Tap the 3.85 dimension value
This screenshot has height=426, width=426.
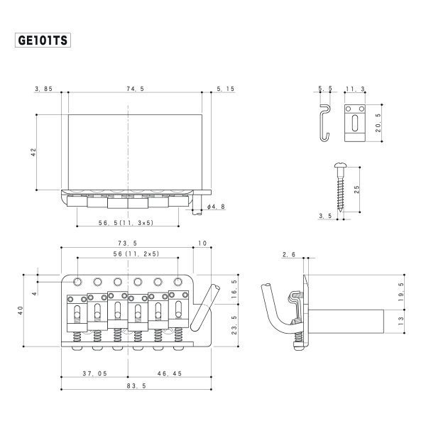44,89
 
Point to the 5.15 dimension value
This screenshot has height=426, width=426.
224,89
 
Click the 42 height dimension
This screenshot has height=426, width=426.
33,152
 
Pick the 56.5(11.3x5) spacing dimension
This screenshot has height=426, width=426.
126,222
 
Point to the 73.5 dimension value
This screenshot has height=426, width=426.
128,244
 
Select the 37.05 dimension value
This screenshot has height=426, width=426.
94,373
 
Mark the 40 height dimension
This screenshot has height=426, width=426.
21,310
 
